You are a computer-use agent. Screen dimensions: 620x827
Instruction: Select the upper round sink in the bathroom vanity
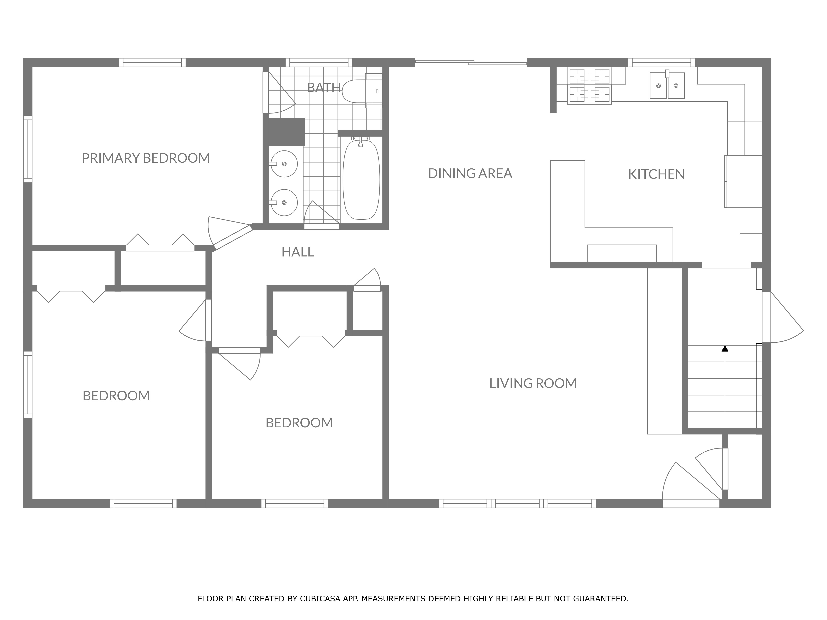[x=284, y=164]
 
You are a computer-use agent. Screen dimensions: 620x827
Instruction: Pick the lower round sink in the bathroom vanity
[x=284, y=203]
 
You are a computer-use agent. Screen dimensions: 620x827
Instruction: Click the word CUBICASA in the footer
[x=320, y=599]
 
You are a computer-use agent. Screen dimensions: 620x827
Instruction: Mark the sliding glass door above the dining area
[x=471, y=63]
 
